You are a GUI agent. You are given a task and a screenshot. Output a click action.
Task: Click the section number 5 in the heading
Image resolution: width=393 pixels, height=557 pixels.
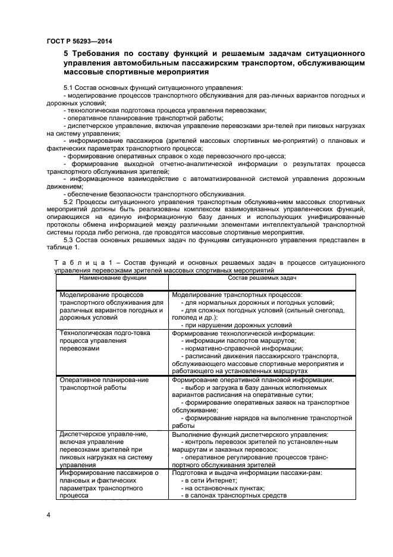pyautogui.click(x=66, y=54)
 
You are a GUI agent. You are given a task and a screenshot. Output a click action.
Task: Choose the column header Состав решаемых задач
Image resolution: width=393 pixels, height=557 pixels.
pyautogui.click(x=262, y=278)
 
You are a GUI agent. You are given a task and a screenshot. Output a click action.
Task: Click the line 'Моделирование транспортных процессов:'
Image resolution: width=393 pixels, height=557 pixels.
pyautogui.click(x=237, y=295)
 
